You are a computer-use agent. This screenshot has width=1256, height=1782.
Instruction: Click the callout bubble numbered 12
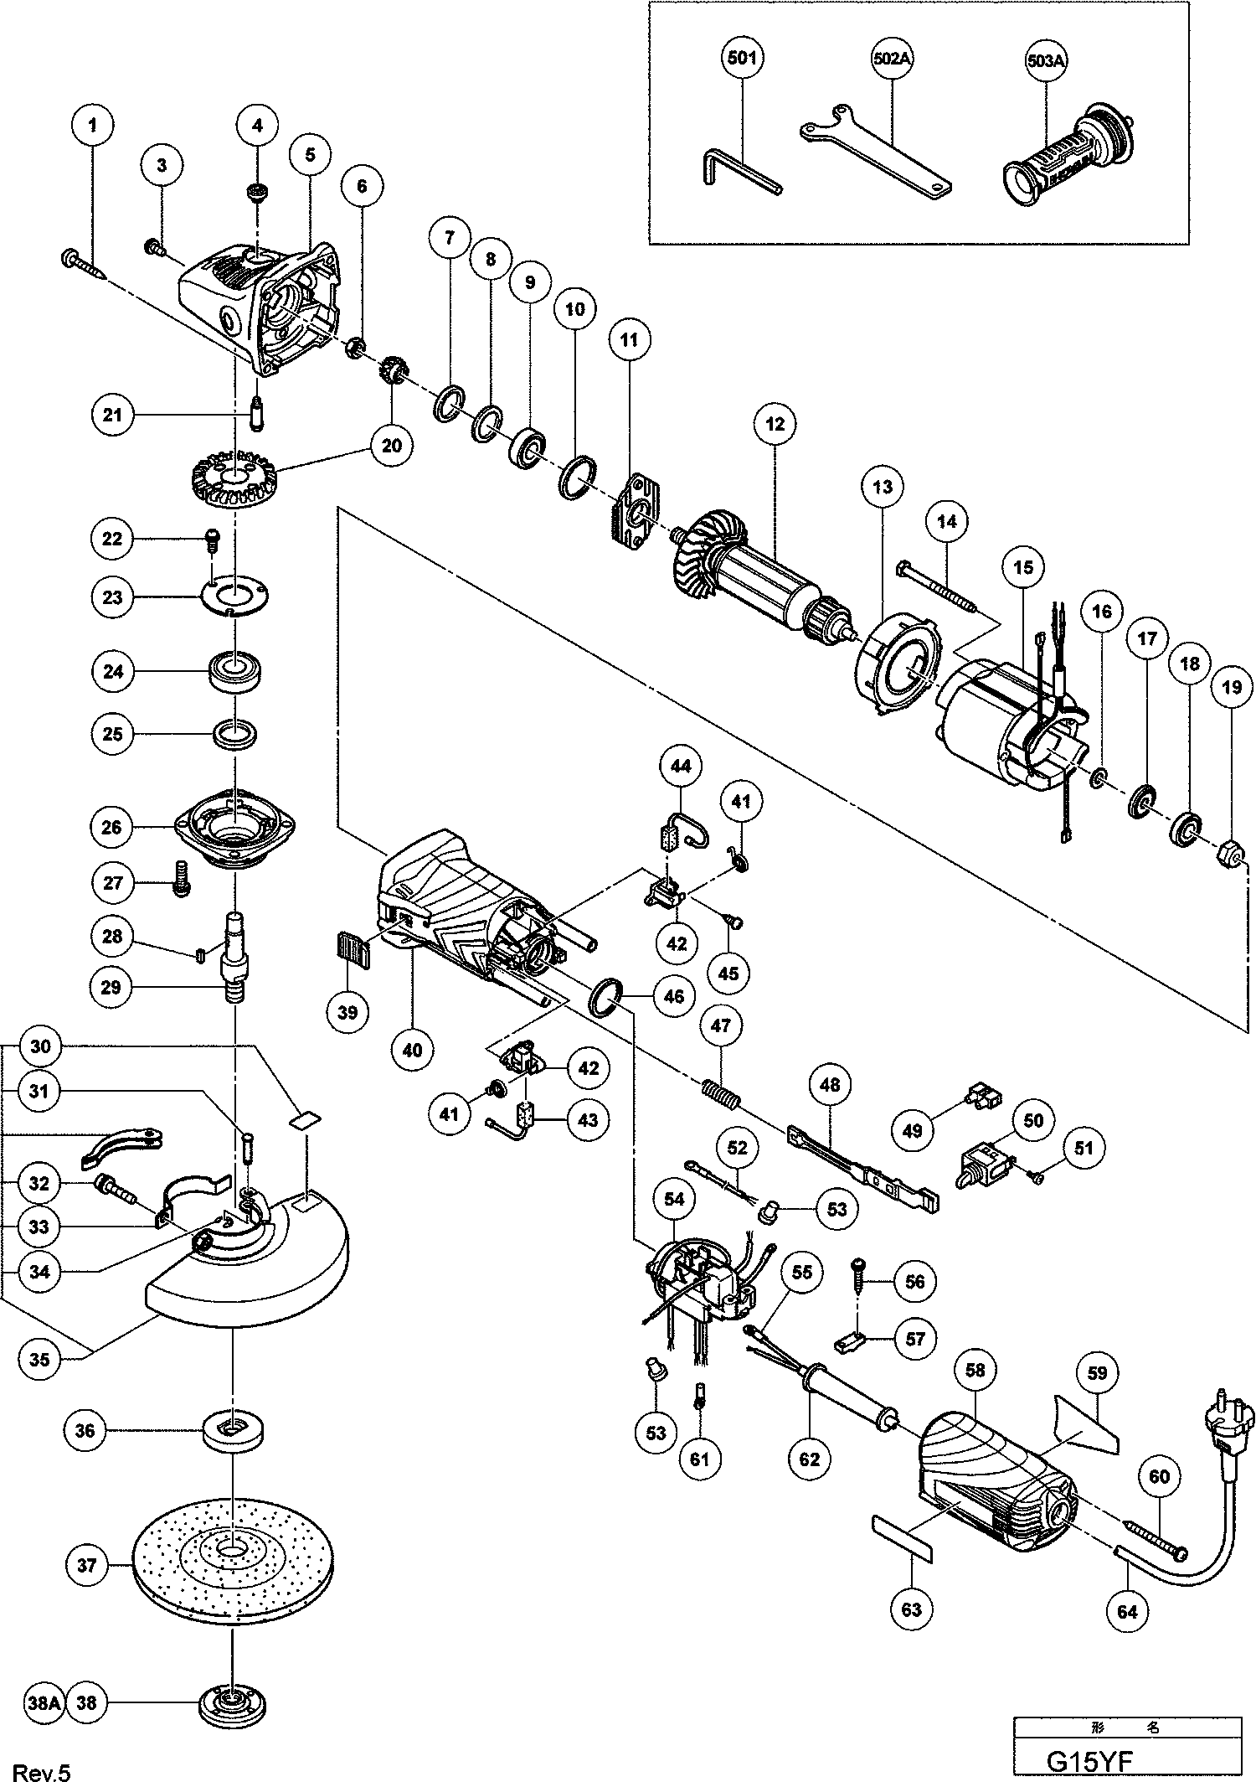[775, 424]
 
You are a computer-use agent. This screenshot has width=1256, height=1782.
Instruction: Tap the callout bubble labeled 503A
[1048, 60]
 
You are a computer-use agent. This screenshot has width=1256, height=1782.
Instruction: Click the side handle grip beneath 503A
[1063, 152]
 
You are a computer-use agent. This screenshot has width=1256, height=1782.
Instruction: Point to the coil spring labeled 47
[719, 1092]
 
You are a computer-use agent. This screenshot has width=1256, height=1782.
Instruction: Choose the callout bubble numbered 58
[975, 1370]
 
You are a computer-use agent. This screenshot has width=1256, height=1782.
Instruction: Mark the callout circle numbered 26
[113, 827]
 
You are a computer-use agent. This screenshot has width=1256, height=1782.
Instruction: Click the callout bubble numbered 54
[674, 1199]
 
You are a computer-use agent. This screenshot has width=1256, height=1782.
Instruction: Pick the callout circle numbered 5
[310, 155]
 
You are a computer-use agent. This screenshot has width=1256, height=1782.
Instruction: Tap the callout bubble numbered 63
[911, 1609]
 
